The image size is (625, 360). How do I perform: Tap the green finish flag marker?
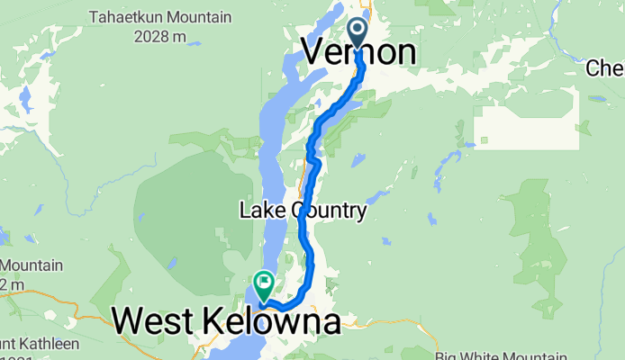(x=264, y=284)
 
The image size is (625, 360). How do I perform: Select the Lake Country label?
(x=303, y=211)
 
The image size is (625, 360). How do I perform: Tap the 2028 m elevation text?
(x=159, y=36)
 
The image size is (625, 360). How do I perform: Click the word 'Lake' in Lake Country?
(x=257, y=211)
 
